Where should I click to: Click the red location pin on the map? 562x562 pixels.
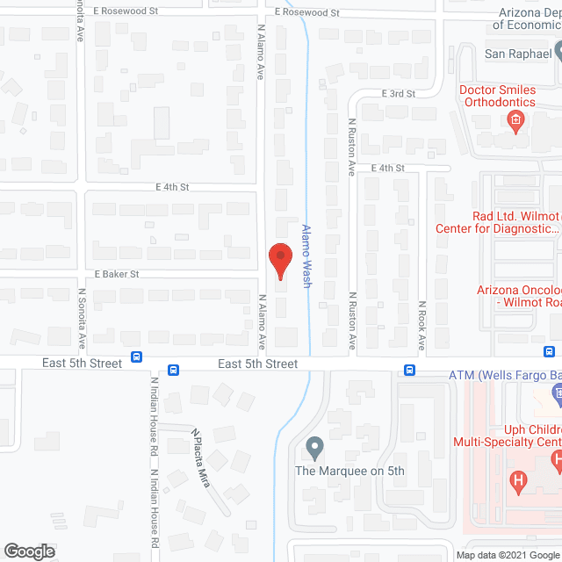pyautogui.click(x=279, y=259)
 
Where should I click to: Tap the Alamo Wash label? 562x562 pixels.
pyautogui.click(x=306, y=255)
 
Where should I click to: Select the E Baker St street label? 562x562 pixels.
pyautogui.click(x=117, y=274)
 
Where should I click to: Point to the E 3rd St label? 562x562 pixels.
pyautogui.click(x=397, y=92)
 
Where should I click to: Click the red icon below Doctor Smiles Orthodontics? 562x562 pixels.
pyautogui.click(x=517, y=120)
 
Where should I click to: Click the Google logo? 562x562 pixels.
pyautogui.click(x=29, y=551)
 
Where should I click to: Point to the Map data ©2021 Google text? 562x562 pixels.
pyautogui.click(x=507, y=555)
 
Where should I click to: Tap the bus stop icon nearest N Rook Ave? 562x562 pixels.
pyautogui.click(x=408, y=370)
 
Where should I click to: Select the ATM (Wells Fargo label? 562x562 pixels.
pyautogui.click(x=504, y=375)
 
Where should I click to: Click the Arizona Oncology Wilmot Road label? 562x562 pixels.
pyautogui.click(x=518, y=297)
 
